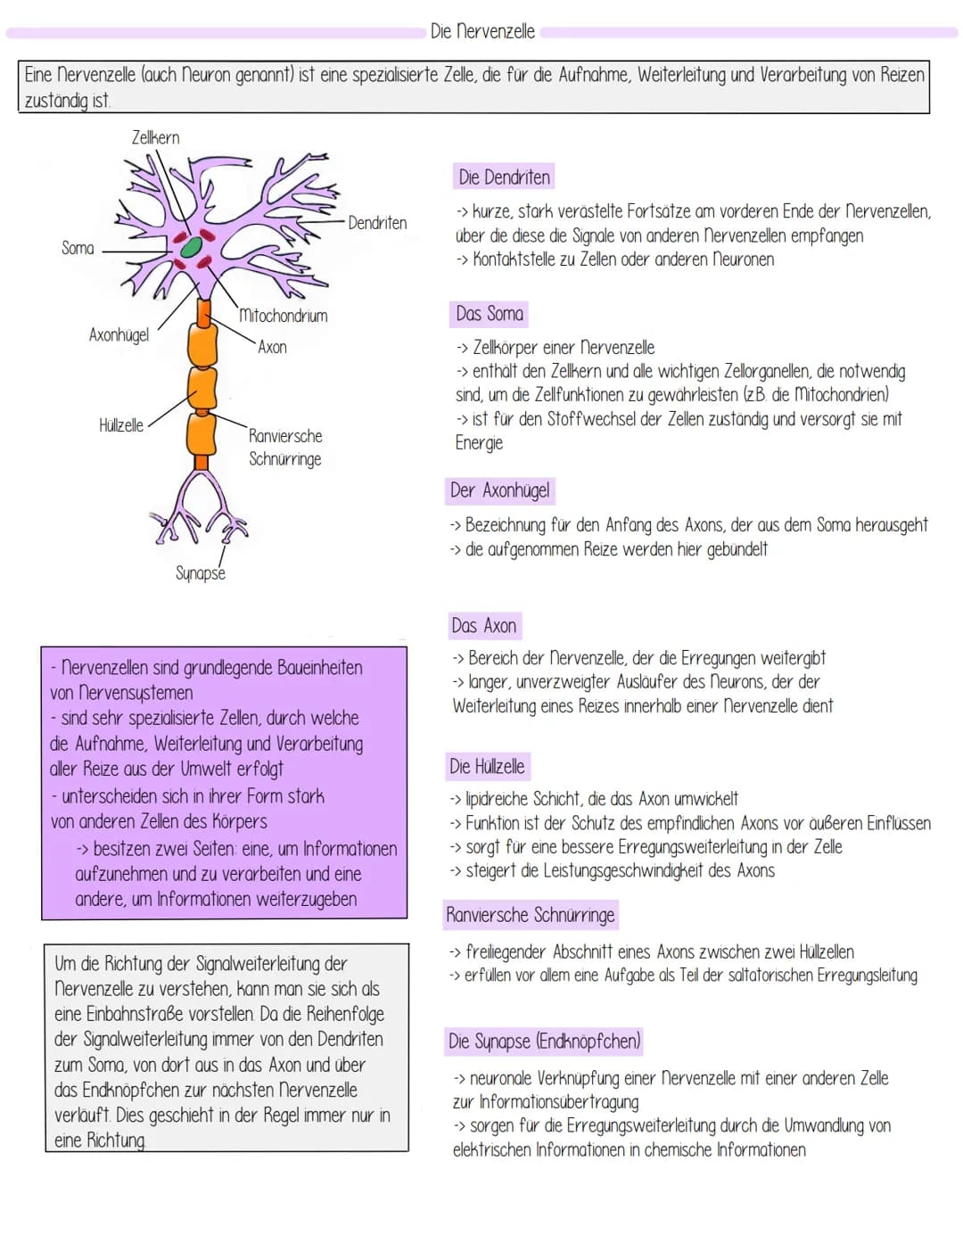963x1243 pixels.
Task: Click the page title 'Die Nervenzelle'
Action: [482, 31]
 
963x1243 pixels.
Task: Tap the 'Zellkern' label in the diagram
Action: [155, 137]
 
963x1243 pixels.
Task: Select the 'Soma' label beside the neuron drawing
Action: [78, 248]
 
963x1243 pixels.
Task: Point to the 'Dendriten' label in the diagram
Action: [377, 223]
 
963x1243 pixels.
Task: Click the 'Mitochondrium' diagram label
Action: [283, 316]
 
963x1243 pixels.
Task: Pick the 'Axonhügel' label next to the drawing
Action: [119, 335]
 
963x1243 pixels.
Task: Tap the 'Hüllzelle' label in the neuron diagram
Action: [121, 425]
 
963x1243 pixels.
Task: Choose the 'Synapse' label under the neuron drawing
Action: [201, 573]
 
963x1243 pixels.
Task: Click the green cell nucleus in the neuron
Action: [190, 249]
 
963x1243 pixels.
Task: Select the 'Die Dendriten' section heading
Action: [504, 177]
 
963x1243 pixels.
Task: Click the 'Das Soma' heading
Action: [490, 314]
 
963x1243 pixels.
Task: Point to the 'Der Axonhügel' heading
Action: [500, 490]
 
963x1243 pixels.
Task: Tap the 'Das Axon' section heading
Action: [484, 626]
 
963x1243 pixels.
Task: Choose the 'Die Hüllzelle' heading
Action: [487, 767]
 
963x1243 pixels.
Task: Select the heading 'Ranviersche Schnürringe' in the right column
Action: [531, 915]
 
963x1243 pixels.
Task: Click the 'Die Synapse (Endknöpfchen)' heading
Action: [545, 1041]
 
